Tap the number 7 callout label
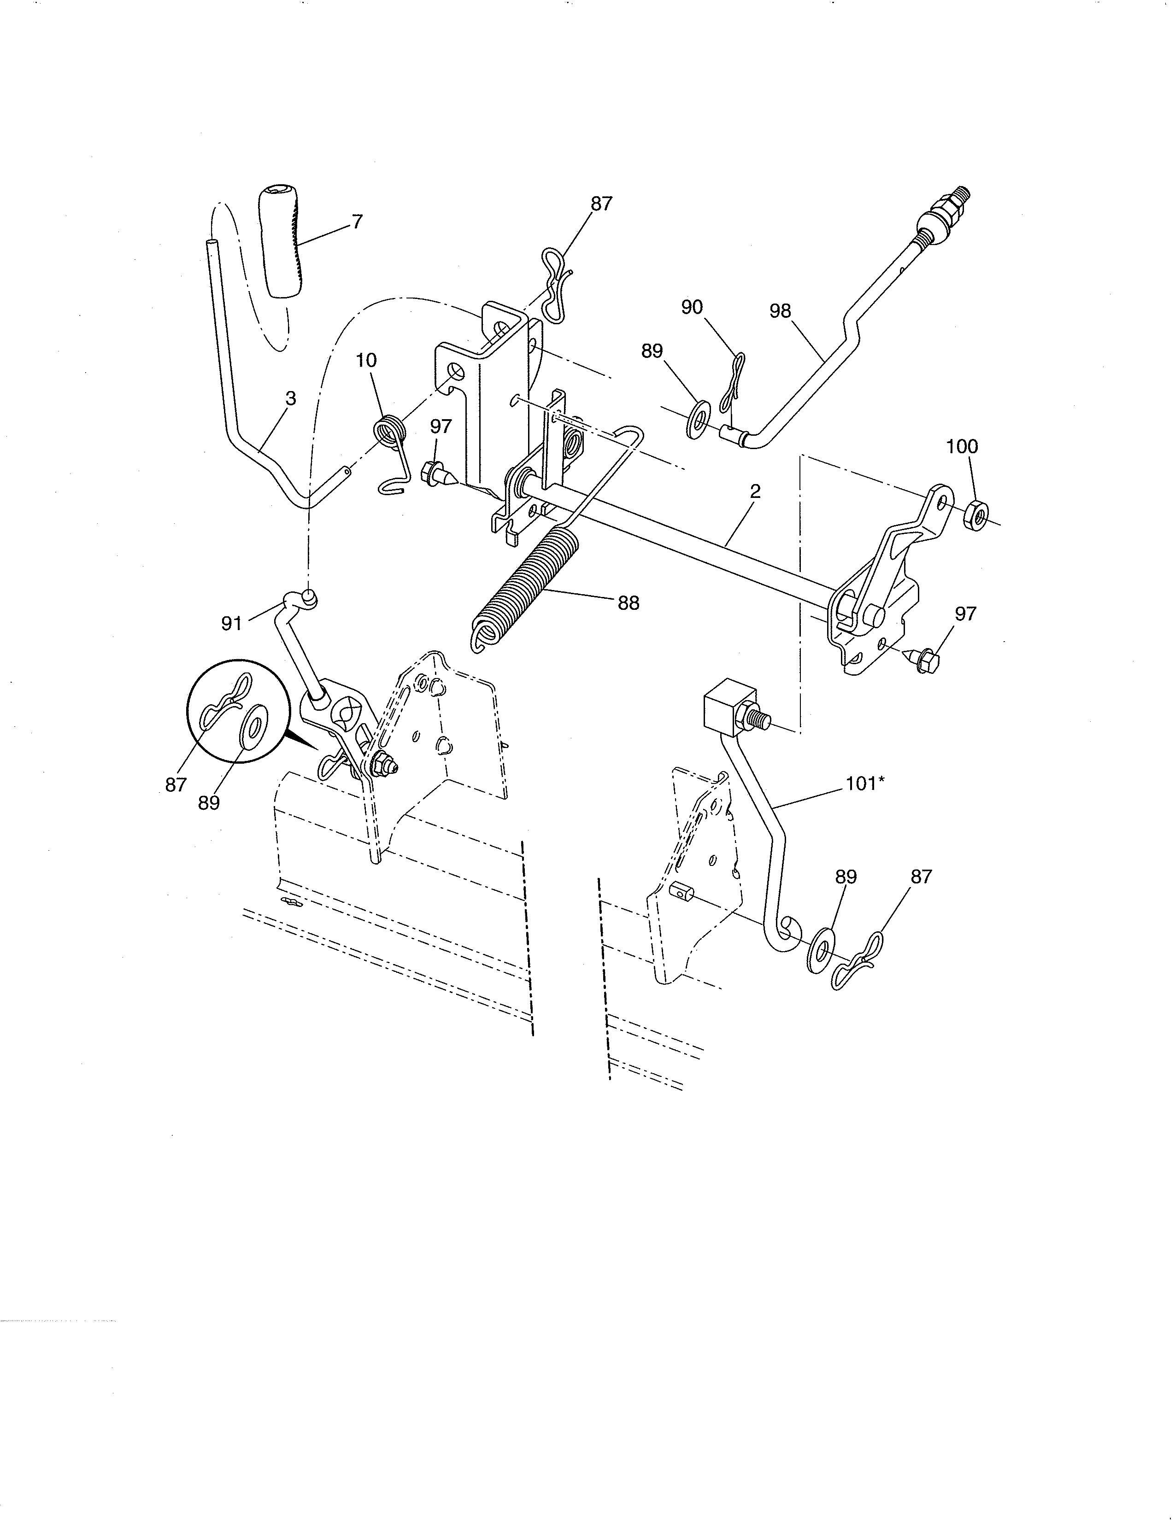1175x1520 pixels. tap(357, 222)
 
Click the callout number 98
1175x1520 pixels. tap(780, 311)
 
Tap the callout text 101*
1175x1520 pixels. tap(864, 783)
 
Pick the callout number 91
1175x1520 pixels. tap(231, 624)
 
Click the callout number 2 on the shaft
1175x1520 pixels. tap(755, 491)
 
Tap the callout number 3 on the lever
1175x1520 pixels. tap(291, 399)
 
